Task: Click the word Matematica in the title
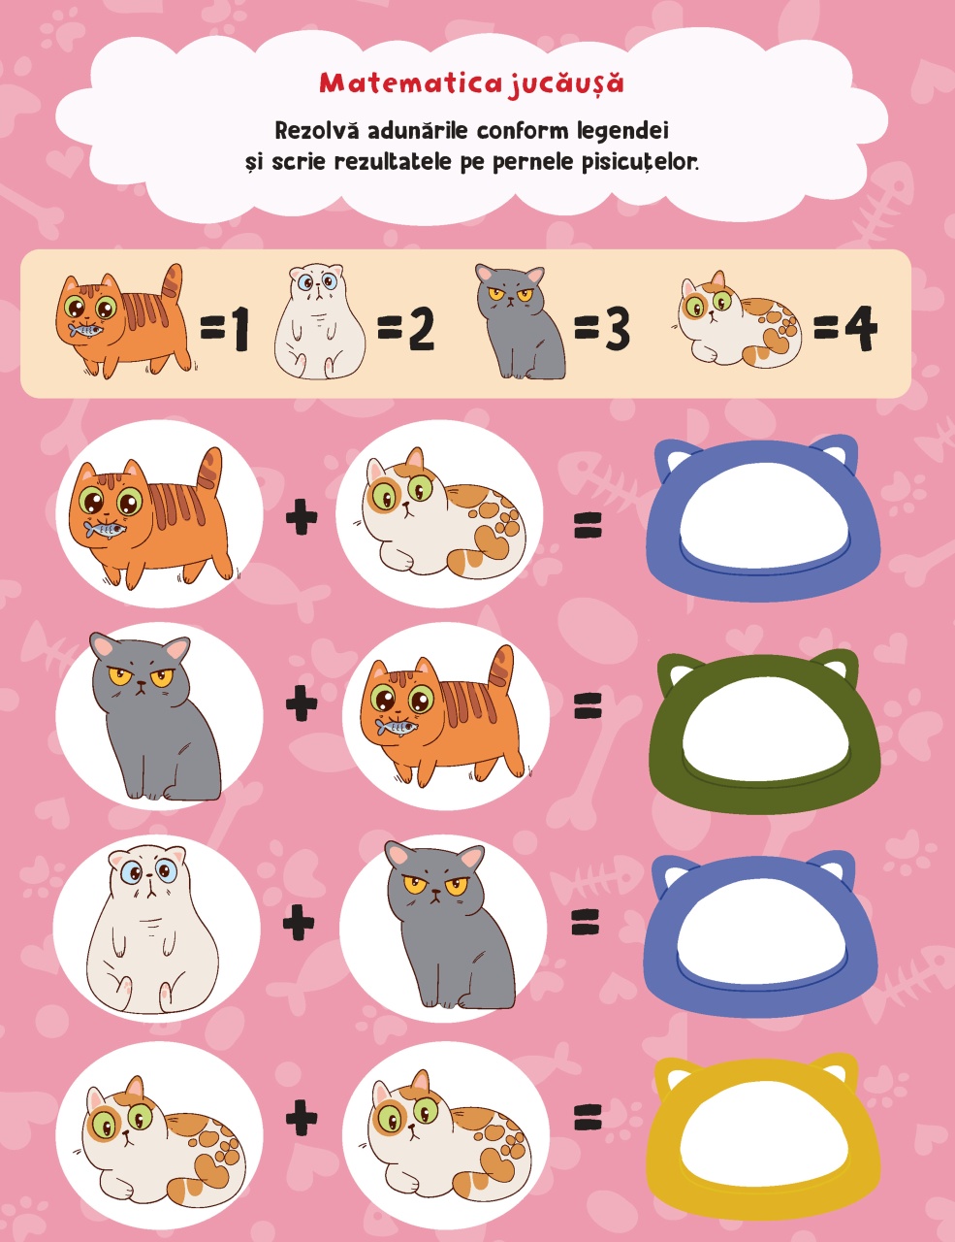pyautogui.click(x=410, y=83)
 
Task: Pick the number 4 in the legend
pyautogui.click(x=861, y=329)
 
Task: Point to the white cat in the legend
pyautogui.click(x=320, y=321)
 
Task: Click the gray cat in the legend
pyautogui.click(x=520, y=321)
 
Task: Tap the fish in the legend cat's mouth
pyautogui.click(x=85, y=330)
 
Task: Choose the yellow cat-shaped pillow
pyautogui.click(x=764, y=1140)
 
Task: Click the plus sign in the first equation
pyautogui.click(x=302, y=516)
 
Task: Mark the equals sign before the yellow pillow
pyautogui.click(x=588, y=1117)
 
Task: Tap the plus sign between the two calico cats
pyautogui.click(x=302, y=1117)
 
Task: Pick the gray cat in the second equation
pyautogui.click(x=155, y=716)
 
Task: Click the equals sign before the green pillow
pyautogui.click(x=588, y=705)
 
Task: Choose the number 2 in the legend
pyautogui.click(x=422, y=329)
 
